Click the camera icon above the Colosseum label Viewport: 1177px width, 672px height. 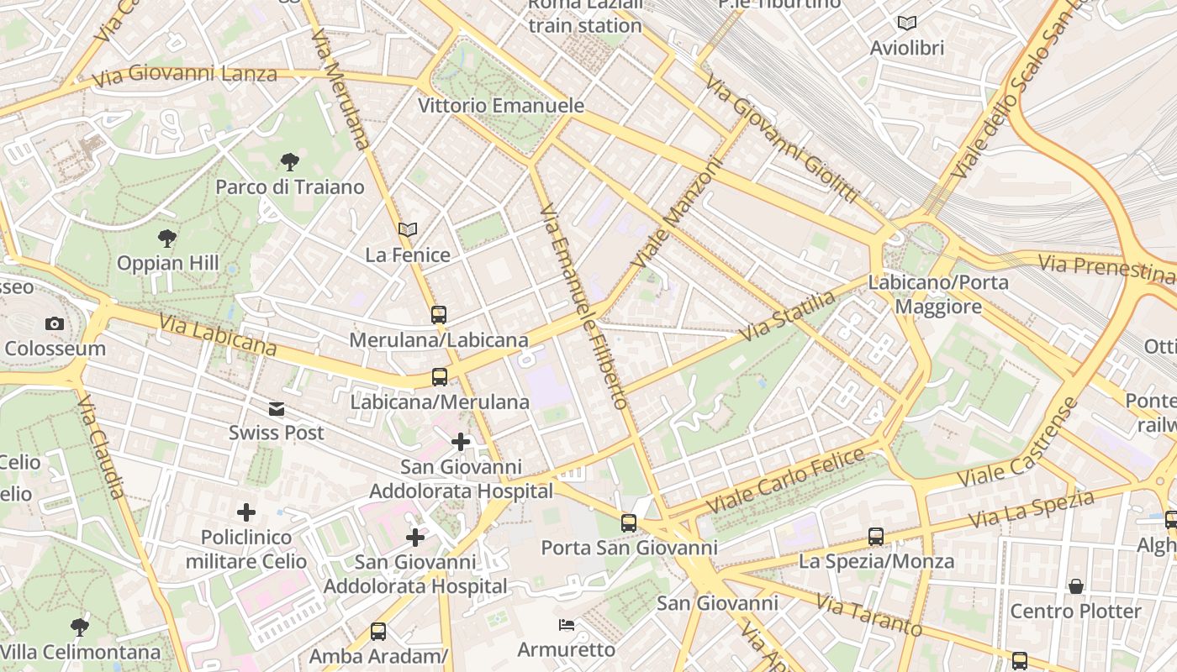(x=55, y=323)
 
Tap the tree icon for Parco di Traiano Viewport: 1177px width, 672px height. (x=290, y=161)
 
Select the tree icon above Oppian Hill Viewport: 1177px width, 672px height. (x=167, y=239)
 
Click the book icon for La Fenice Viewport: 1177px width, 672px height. (x=408, y=229)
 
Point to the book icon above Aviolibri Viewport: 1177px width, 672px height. (x=906, y=23)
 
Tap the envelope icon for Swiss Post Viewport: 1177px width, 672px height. (x=277, y=409)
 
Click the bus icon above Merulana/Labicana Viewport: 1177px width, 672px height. (x=439, y=315)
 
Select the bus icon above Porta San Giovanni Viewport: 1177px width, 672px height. (x=629, y=523)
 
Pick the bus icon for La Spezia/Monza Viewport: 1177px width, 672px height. (x=876, y=536)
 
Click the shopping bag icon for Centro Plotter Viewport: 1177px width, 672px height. (x=1075, y=585)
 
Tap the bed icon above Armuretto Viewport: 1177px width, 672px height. (x=567, y=625)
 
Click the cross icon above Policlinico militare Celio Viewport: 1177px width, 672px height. (x=246, y=512)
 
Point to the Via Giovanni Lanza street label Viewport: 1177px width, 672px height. (x=185, y=76)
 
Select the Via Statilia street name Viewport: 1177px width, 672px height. (x=788, y=316)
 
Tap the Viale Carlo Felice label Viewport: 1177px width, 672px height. (x=785, y=481)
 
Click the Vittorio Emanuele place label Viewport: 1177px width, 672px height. (x=501, y=106)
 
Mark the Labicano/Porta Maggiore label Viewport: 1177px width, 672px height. (x=938, y=294)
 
